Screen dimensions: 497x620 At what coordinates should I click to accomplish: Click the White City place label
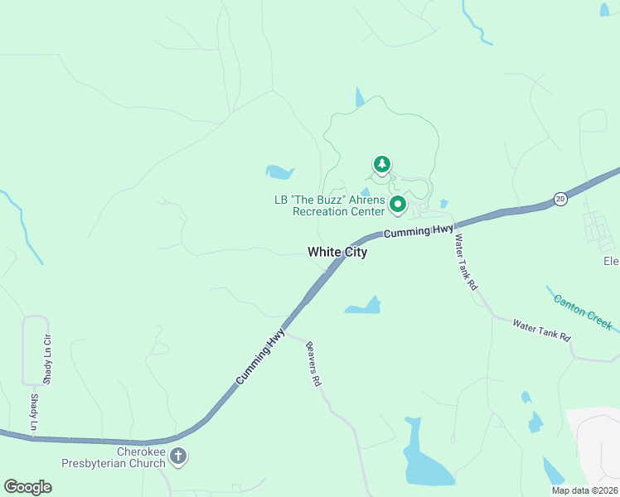[337, 252]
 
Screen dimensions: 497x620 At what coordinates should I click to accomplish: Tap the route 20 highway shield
[560, 199]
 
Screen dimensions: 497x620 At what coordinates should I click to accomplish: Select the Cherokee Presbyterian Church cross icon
[179, 456]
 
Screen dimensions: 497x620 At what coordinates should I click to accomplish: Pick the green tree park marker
[381, 164]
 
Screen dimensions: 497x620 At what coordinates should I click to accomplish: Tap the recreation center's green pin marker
[398, 203]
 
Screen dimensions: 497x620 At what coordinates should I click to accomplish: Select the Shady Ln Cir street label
[47, 358]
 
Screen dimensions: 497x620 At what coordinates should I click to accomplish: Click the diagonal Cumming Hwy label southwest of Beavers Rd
[259, 357]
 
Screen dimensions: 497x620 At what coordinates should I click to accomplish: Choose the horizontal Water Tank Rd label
[542, 331]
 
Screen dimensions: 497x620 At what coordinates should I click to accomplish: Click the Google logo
[27, 487]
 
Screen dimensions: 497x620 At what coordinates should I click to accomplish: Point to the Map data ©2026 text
[584, 490]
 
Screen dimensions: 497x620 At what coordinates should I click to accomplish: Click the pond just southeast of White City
[365, 307]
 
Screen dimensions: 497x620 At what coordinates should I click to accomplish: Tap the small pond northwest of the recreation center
[279, 172]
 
